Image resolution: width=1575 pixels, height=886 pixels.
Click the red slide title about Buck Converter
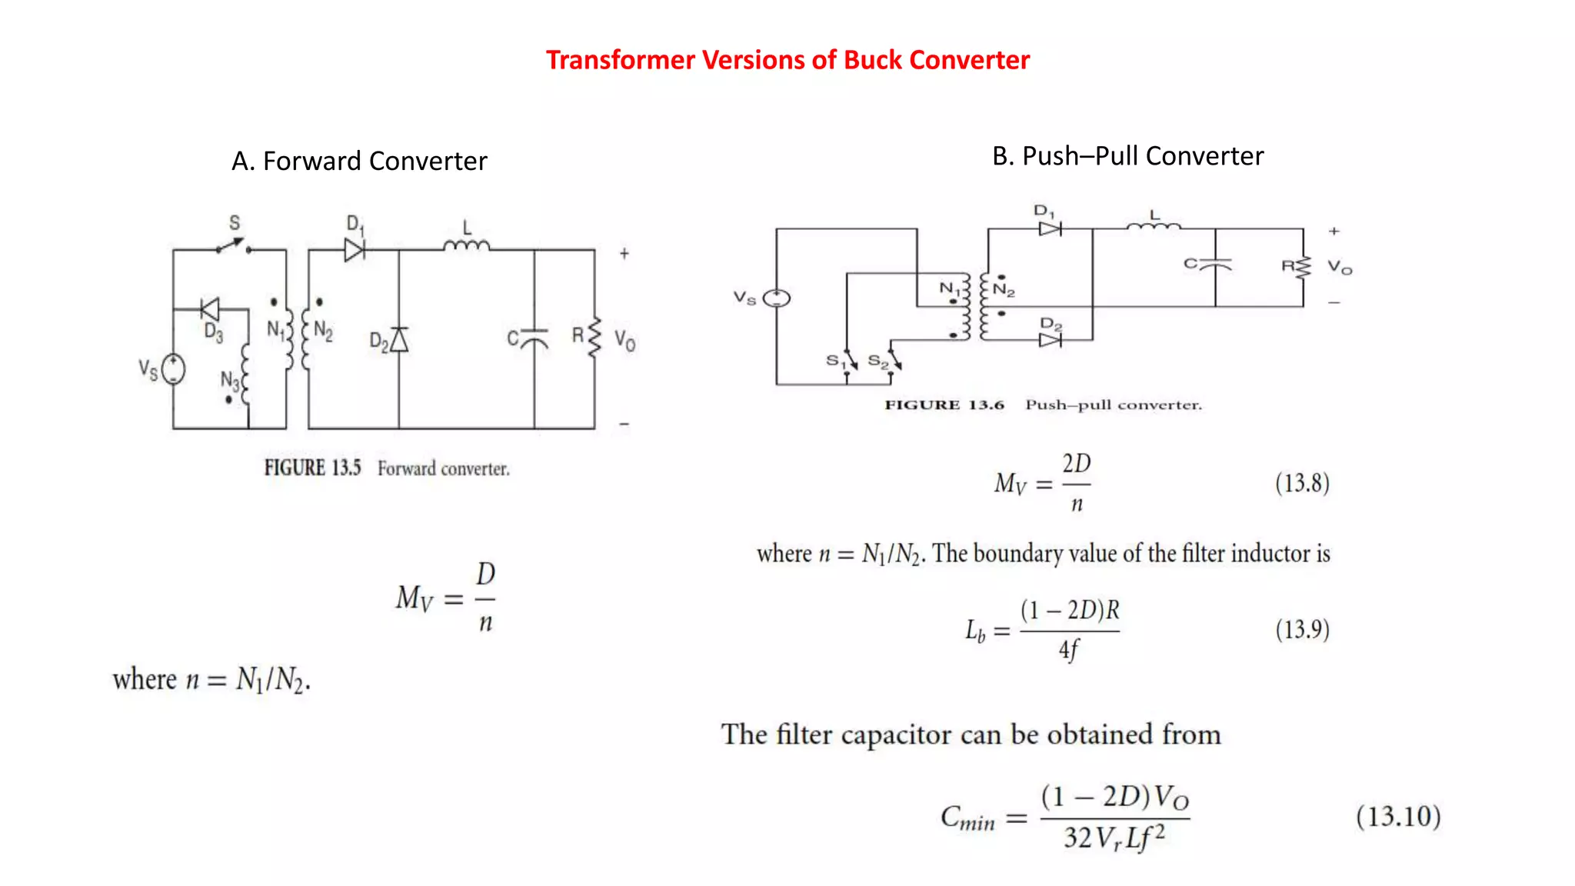click(x=787, y=60)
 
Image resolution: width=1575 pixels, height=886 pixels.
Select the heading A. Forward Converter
click(x=359, y=162)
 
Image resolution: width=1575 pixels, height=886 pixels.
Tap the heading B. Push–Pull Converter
click(x=1127, y=156)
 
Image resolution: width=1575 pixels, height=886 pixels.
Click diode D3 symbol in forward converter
click(x=209, y=310)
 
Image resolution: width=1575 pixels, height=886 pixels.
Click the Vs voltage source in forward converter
click(x=173, y=369)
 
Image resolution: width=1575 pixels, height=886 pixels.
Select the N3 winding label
click(x=229, y=379)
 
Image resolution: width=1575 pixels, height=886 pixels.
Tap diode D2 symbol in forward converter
click(x=398, y=339)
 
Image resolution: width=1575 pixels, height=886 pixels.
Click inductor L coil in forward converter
click(x=466, y=245)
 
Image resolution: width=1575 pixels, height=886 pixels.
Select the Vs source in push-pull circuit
click(x=777, y=298)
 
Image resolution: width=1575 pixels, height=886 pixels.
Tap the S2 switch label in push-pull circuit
click(x=877, y=360)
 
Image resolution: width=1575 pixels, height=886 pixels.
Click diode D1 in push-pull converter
click(x=1050, y=228)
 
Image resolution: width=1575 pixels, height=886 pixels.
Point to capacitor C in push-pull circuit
click(x=1215, y=265)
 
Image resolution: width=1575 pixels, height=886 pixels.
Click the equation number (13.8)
click(x=1302, y=483)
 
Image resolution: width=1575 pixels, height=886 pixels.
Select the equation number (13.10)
click(x=1397, y=816)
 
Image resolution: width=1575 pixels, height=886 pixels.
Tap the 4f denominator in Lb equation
click(x=1069, y=650)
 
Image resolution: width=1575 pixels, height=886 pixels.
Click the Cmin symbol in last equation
click(x=967, y=818)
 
